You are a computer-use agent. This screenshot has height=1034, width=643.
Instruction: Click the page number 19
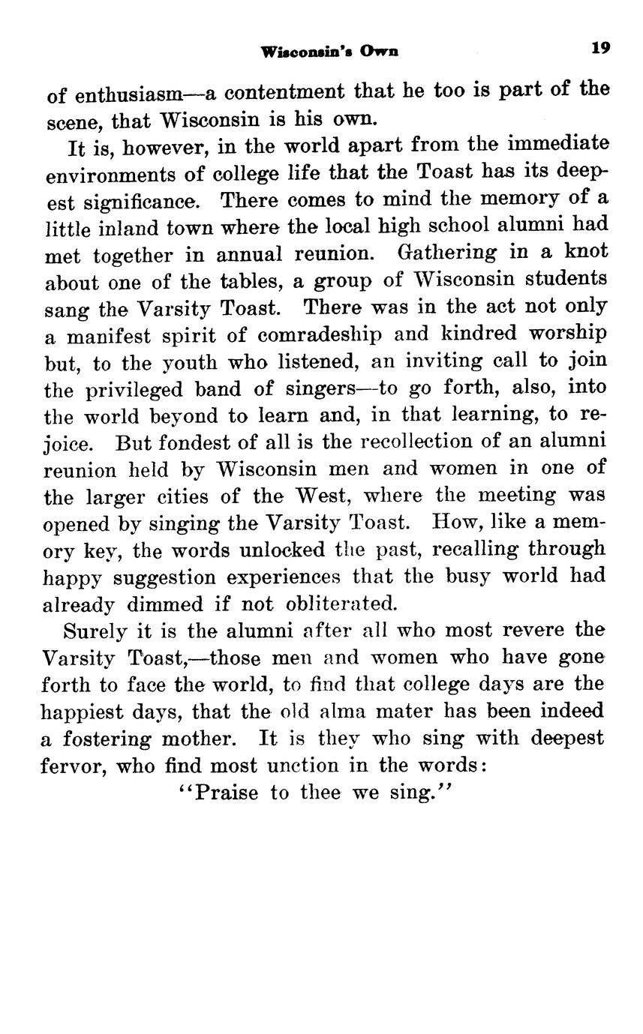(x=600, y=48)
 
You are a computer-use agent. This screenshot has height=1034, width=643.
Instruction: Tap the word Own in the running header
(x=379, y=52)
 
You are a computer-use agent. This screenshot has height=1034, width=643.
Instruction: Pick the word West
(x=320, y=496)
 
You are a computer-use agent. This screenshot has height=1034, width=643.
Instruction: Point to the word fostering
(x=106, y=739)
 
